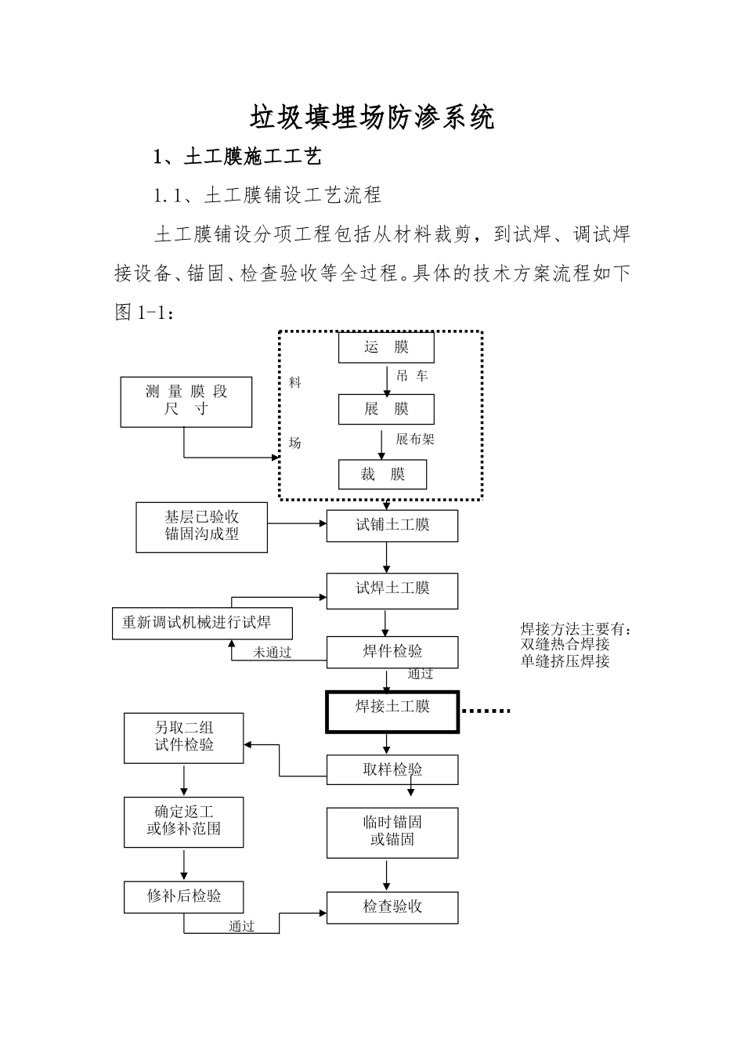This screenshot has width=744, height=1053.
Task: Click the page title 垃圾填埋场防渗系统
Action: pyautogui.click(x=372, y=118)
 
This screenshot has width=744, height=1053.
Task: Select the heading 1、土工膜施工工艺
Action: pyautogui.click(x=237, y=157)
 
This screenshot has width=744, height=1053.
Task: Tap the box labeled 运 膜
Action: pyautogui.click(x=386, y=347)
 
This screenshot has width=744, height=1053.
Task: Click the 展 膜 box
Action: pyautogui.click(x=386, y=409)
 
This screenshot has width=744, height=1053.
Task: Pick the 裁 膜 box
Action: pyautogui.click(x=383, y=475)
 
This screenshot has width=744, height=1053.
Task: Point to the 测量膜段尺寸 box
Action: pyautogui.click(x=186, y=401)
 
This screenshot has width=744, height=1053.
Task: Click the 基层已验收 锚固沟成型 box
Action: pyautogui.click(x=201, y=526)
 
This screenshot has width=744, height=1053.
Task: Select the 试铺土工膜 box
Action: pyautogui.click(x=392, y=525)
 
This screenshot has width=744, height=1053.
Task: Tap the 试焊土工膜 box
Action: pyautogui.click(x=392, y=590)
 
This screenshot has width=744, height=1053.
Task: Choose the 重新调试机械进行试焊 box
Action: pyautogui.click(x=202, y=623)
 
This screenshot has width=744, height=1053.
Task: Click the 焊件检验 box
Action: pyautogui.click(x=392, y=652)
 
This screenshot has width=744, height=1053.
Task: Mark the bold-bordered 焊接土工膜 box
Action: pyautogui.click(x=392, y=711)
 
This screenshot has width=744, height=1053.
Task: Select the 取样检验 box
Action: pyautogui.click(x=392, y=770)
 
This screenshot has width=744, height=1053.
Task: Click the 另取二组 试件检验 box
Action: pyautogui.click(x=183, y=737)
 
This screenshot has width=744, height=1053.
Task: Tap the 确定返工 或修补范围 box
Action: pyautogui.click(x=183, y=822)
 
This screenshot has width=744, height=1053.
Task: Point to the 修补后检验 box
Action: pyautogui.click(x=183, y=897)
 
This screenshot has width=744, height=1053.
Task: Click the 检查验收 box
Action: pyautogui.click(x=392, y=907)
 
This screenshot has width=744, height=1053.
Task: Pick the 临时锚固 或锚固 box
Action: pyautogui.click(x=392, y=832)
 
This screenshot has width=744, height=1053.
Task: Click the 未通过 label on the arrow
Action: pyautogui.click(x=272, y=653)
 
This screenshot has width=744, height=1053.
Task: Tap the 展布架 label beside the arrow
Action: pyautogui.click(x=415, y=440)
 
